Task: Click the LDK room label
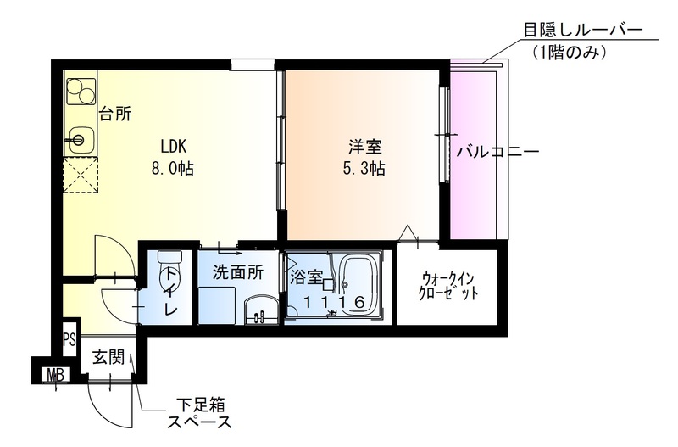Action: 173,146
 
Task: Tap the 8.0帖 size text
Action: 172,168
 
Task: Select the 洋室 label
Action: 365,147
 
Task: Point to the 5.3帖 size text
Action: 364,169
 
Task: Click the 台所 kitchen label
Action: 115,114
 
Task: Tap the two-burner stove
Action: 81,92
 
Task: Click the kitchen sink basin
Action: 80,139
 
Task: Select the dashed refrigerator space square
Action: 80,175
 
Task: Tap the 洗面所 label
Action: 238,272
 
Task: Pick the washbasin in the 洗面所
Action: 262,310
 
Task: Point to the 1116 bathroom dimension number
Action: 334,303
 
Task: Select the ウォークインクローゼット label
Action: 449,286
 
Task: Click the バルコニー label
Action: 498,152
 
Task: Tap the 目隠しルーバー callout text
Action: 582,31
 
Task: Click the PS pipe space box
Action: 69,339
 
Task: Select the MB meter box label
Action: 56,375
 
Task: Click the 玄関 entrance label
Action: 108,357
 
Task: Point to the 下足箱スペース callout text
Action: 200,413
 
